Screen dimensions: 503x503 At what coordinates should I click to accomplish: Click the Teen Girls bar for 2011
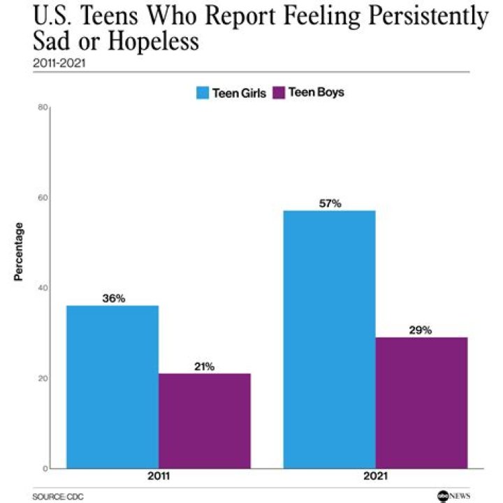click(x=112, y=386)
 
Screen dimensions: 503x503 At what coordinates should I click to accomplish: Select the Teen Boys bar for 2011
click(x=204, y=421)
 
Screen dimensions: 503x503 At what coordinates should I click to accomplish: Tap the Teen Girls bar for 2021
click(x=329, y=339)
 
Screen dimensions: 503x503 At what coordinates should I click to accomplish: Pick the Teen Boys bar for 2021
click(x=421, y=402)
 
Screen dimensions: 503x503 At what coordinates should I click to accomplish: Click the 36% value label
click(x=113, y=298)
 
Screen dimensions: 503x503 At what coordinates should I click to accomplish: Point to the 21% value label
click(x=204, y=366)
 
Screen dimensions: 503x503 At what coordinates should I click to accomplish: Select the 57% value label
click(x=329, y=203)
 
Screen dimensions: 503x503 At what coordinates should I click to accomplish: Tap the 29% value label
click(x=421, y=330)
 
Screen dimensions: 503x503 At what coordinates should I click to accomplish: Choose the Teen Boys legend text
click(x=316, y=93)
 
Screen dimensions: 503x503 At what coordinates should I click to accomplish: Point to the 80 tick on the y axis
click(x=42, y=107)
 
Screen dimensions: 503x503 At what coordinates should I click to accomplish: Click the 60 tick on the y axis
click(x=42, y=198)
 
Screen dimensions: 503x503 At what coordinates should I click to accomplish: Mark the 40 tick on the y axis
click(x=42, y=288)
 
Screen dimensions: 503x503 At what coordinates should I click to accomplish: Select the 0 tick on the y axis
click(x=44, y=468)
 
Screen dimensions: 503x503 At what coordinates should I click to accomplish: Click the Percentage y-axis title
click(x=20, y=251)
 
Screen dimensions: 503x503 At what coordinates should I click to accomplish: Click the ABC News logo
click(x=453, y=495)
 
